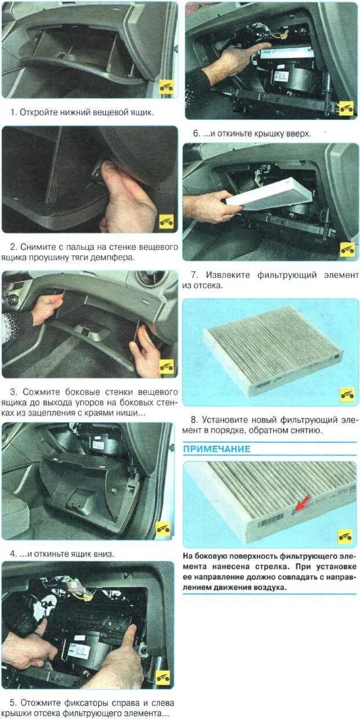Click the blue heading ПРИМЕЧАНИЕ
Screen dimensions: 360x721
pyautogui.click(x=217, y=449)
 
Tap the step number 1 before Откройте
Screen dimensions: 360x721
pyautogui.click(x=13, y=112)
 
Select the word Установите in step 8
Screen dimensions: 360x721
pyautogui.click(x=224, y=420)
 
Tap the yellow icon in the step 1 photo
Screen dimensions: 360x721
pyautogui.click(x=166, y=86)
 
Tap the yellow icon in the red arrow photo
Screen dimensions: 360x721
pyautogui.click(x=345, y=536)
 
